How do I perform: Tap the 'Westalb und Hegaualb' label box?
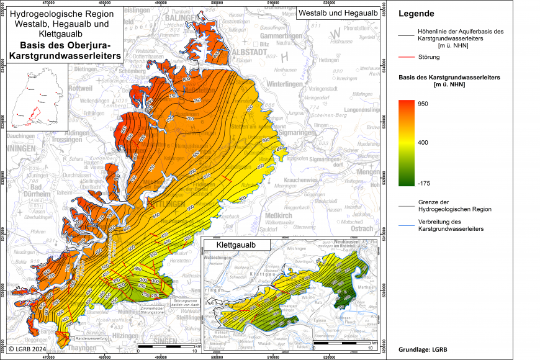(x=338, y=12)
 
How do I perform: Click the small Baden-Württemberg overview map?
(x=35, y=97)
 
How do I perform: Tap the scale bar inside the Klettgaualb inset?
(x=343, y=342)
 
